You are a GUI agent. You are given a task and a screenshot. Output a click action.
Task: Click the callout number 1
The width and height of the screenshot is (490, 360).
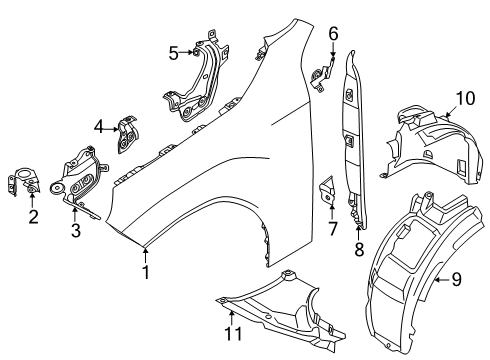[146, 270]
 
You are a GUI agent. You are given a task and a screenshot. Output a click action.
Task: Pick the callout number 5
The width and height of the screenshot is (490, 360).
[173, 53]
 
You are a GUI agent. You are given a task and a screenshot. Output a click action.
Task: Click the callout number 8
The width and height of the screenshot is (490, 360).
[359, 248]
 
